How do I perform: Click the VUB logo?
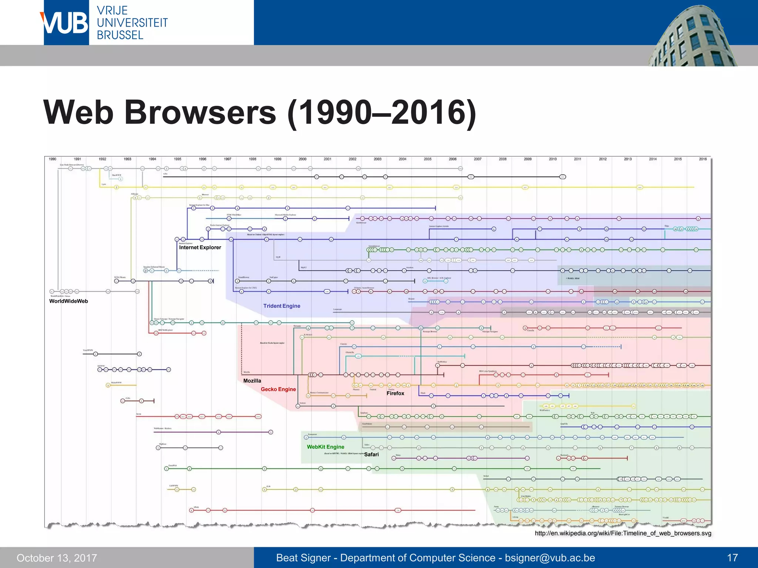pyautogui.click(x=66, y=23)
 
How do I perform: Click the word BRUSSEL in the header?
pyautogui.click(x=120, y=35)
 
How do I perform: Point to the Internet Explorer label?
pyautogui.click(x=200, y=247)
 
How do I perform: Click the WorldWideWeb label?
pyautogui.click(x=68, y=301)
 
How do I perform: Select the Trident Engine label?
pyautogui.click(x=282, y=306)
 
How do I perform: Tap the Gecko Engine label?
pyautogui.click(x=278, y=389)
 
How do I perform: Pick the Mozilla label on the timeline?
pyautogui.click(x=252, y=381)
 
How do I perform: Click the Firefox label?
pyautogui.click(x=395, y=393)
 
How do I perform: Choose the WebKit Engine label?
pyautogui.click(x=325, y=447)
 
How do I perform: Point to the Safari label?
pyautogui.click(x=371, y=454)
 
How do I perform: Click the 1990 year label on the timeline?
pyautogui.click(x=53, y=159)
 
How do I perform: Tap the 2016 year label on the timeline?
pyautogui.click(x=703, y=159)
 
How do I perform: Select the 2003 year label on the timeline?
pyautogui.click(x=378, y=159)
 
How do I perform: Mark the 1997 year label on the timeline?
pyautogui.click(x=228, y=159)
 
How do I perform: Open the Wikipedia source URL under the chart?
pyautogui.click(x=623, y=533)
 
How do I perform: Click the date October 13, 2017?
pyautogui.click(x=57, y=558)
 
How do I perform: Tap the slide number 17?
pyautogui.click(x=732, y=558)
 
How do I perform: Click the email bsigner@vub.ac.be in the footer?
pyautogui.click(x=550, y=558)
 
